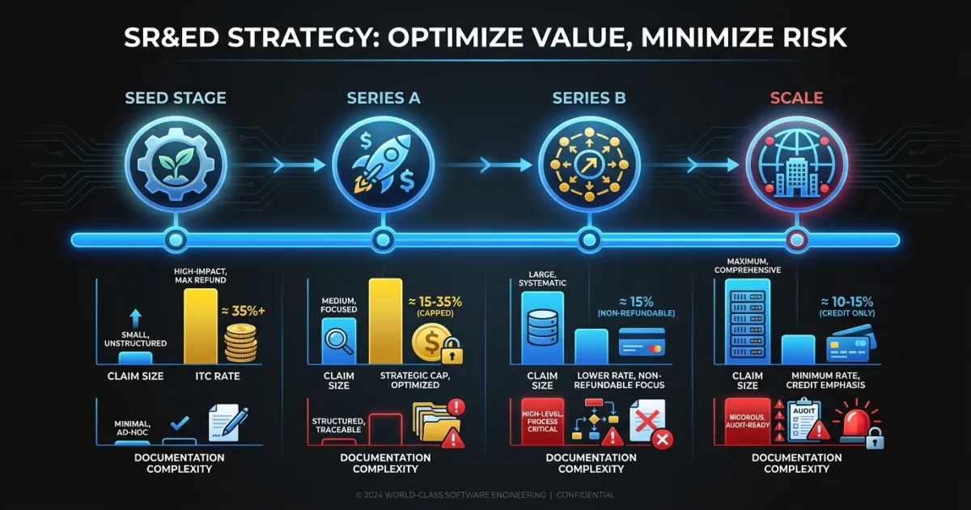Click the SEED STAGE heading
[x=176, y=99]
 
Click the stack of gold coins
[x=240, y=343]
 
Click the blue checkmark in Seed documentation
[x=180, y=423]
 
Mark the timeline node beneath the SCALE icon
[x=795, y=239]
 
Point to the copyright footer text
[x=485, y=495]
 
